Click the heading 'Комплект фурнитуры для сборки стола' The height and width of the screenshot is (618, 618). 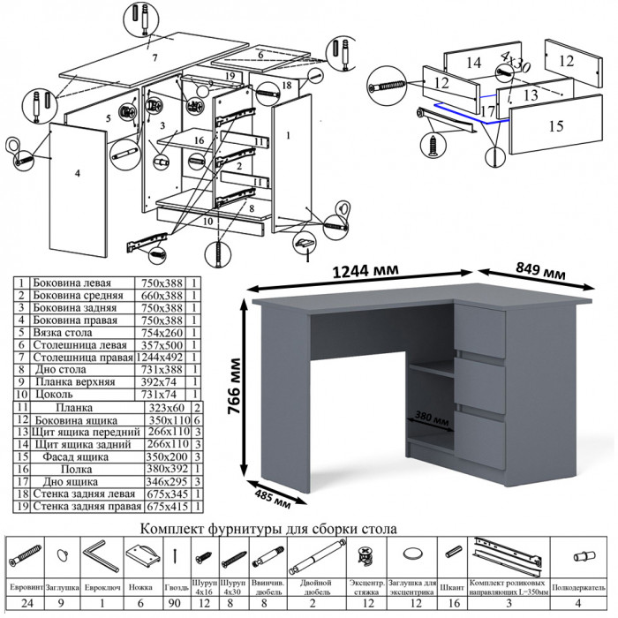pos(268,529)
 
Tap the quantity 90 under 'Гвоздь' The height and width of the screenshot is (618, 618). pos(176,605)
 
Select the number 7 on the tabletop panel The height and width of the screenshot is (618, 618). pos(154,57)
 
